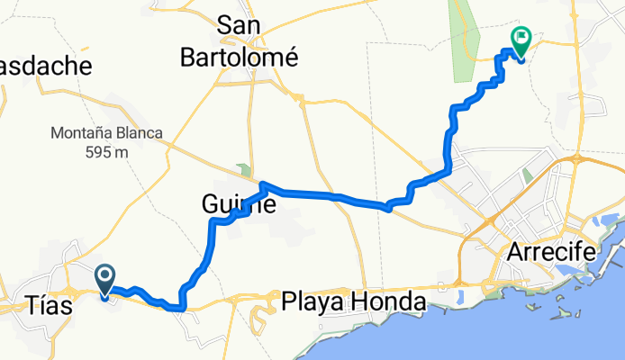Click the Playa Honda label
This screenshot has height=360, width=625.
point(353,302)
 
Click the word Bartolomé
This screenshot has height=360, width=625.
point(240,57)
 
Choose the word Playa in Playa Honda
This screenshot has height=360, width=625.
point(312,302)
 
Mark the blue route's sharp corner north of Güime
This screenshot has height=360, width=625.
point(264,186)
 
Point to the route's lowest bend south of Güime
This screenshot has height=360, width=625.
point(183,308)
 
